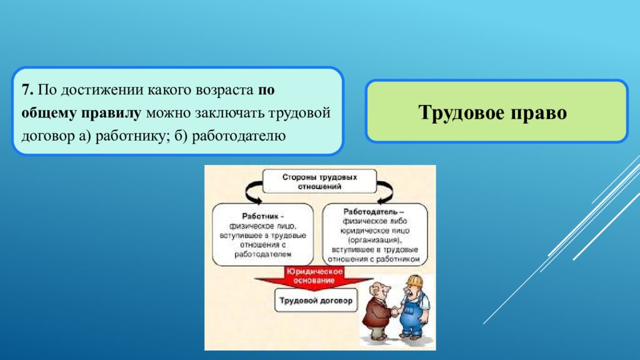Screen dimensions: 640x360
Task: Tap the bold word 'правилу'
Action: pos(111,113)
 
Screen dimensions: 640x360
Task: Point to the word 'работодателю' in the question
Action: pos(239,136)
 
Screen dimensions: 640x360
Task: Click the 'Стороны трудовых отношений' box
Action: pos(319,181)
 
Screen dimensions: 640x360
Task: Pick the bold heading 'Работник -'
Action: pos(263,216)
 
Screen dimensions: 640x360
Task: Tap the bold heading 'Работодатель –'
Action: pos(374,212)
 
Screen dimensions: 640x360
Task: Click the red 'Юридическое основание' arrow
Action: pos(314,277)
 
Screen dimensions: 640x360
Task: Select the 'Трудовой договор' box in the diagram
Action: pos(316,301)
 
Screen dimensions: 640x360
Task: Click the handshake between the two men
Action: pos(395,311)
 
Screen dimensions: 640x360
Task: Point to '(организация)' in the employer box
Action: pos(374,240)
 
